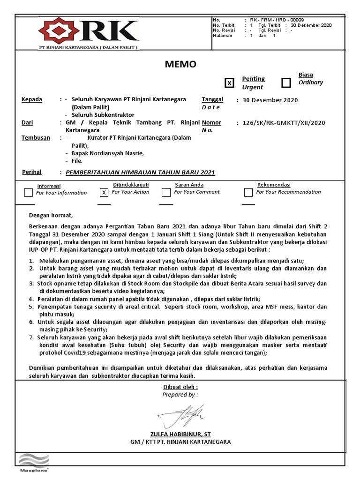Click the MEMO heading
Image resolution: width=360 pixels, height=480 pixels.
pos(180,64)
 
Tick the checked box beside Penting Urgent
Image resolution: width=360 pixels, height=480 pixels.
pos(229,83)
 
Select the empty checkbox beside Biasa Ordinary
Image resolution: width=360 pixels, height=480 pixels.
pos(286,83)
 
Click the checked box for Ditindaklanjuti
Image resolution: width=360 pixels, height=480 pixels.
pos(104,192)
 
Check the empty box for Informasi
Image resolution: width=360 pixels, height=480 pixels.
pos(29,192)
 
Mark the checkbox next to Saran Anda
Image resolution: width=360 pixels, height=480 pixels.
pos(166,192)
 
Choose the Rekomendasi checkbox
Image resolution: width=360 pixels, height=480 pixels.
pos(248,192)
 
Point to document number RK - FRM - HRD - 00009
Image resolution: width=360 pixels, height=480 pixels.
pos(277,20)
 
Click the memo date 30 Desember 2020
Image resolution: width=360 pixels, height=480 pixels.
pos(270,100)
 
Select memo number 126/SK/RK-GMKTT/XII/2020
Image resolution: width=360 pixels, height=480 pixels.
pos(284,123)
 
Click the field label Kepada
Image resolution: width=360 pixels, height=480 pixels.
pos(32,99)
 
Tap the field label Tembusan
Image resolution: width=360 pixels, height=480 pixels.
pos(36,138)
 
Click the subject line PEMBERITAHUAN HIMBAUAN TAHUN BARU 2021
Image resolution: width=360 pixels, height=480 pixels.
pos(140,172)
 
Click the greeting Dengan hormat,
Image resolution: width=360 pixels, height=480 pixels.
pos(51,216)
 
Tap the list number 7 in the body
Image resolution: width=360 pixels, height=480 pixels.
pos(31,337)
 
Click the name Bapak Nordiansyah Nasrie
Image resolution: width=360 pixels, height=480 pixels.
pos(108,153)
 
